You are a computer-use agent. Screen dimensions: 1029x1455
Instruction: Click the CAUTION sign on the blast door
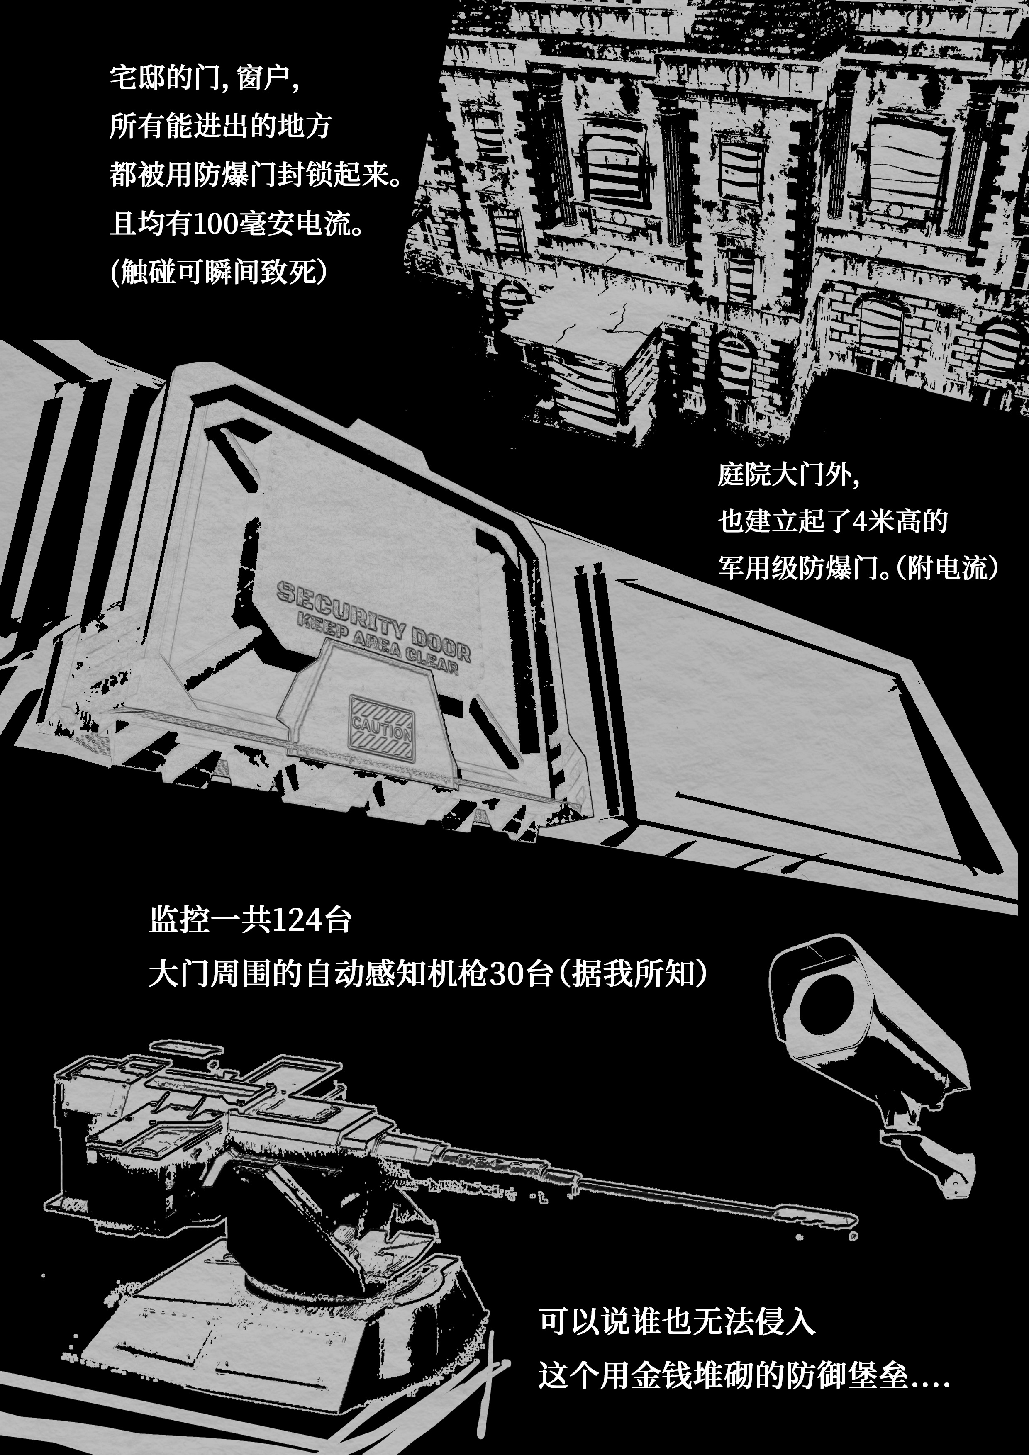(382, 727)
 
